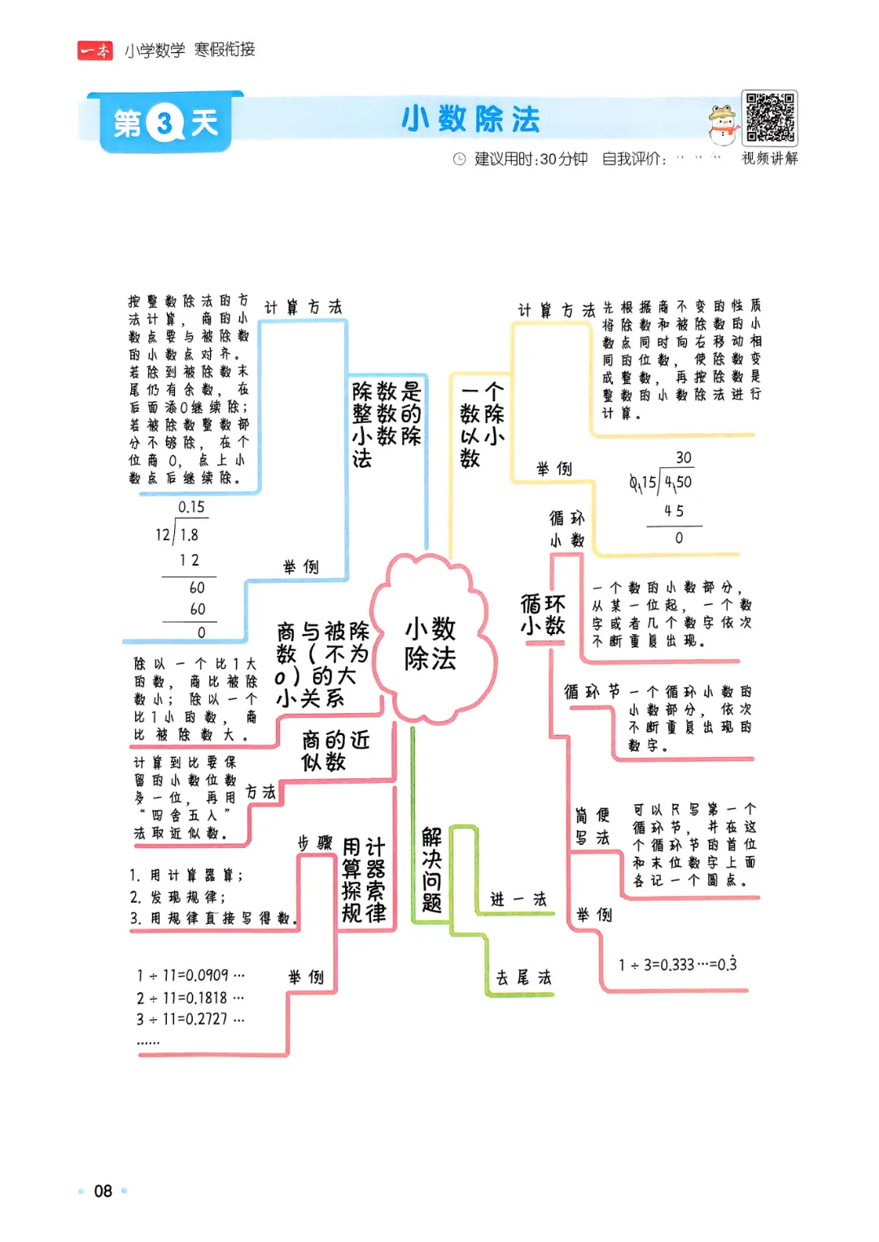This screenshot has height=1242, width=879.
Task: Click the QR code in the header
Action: (x=770, y=118)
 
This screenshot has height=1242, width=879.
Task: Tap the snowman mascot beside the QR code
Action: (x=721, y=125)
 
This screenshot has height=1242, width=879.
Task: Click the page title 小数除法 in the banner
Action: (x=470, y=120)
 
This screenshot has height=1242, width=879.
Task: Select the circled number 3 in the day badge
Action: (x=165, y=124)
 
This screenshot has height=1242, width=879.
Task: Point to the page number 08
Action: (x=103, y=1192)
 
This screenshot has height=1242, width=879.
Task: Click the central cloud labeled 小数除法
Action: (x=431, y=643)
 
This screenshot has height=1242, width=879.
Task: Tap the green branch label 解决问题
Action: (x=431, y=870)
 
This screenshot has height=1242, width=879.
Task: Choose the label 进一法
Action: (x=518, y=899)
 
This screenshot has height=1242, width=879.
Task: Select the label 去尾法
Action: (x=523, y=977)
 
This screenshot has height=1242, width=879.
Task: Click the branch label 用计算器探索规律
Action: (x=364, y=880)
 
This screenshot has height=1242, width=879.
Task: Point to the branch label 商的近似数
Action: (x=335, y=750)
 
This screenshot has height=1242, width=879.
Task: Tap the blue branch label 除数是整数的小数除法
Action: (x=386, y=424)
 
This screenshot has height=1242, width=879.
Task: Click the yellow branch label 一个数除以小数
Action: (x=482, y=424)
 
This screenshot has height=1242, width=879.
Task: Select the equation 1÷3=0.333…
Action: (x=677, y=965)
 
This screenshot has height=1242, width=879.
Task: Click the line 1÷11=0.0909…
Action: (x=190, y=975)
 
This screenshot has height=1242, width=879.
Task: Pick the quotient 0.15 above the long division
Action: (x=192, y=507)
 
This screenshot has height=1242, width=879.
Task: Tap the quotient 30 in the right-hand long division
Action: (x=684, y=457)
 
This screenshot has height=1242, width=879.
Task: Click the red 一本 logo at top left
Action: (x=95, y=50)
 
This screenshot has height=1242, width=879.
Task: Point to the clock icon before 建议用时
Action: (x=459, y=159)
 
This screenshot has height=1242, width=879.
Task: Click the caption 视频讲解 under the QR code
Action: (x=769, y=158)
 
